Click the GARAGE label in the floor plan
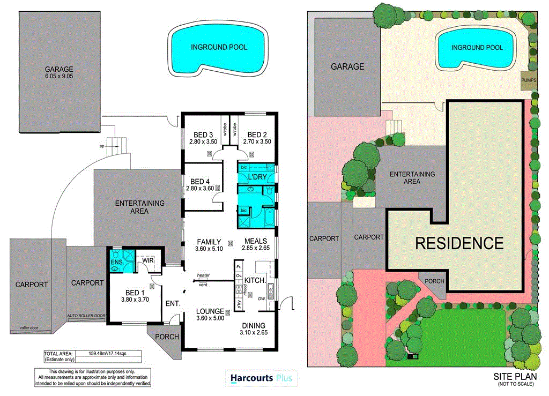[x=59, y=69]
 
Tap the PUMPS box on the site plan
[x=529, y=80]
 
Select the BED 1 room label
[x=136, y=292]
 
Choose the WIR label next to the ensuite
[x=148, y=261]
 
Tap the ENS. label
[x=117, y=262]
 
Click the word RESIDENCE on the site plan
[x=459, y=243]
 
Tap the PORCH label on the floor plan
[x=166, y=337]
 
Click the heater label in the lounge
[x=203, y=275]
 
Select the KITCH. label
[x=256, y=281]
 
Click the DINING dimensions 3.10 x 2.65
[x=254, y=333]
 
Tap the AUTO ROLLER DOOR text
[x=86, y=316]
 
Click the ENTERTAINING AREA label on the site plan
[x=412, y=177]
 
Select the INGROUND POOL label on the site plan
[x=477, y=48]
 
